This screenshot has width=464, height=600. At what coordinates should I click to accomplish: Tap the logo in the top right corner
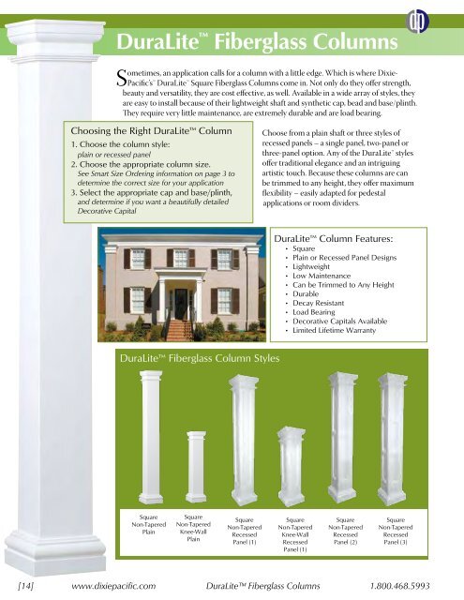(x=439, y=21)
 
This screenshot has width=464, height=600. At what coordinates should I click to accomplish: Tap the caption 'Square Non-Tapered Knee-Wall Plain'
(x=193, y=528)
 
